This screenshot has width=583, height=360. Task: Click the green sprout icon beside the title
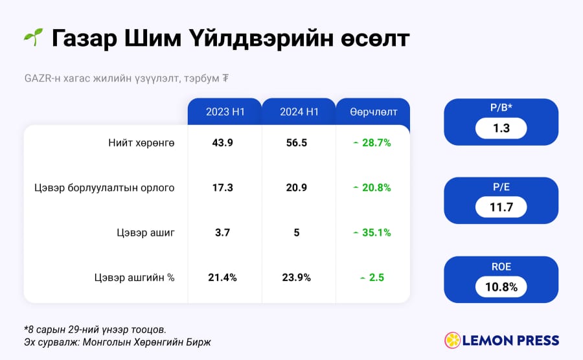coord(34,37)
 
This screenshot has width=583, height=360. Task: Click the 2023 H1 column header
coord(225,112)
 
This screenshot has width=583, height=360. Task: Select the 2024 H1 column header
coord(299,112)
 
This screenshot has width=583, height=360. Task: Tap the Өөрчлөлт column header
coord(373,112)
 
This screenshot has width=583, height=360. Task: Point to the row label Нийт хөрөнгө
coord(141,142)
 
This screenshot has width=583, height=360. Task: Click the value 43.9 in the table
coord(222,142)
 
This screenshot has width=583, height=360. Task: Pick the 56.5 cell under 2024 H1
coord(296,142)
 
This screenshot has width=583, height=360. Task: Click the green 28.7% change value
coord(376,142)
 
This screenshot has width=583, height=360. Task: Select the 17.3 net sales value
coord(222,188)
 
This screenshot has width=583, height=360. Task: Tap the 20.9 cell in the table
coord(296,188)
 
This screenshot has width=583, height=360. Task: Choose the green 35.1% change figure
coord(376,232)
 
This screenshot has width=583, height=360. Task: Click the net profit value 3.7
coord(222,232)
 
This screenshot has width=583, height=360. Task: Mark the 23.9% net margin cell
coord(296,278)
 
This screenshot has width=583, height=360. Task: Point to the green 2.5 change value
coord(376,278)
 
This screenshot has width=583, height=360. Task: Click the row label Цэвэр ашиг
coord(145,232)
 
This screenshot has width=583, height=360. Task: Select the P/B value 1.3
coord(501,128)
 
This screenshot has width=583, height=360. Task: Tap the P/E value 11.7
coord(501,207)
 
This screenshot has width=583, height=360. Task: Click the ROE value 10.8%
coord(501,287)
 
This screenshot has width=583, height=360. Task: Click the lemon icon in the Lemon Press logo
coord(453,341)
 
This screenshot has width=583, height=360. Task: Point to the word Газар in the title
coord(84,38)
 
